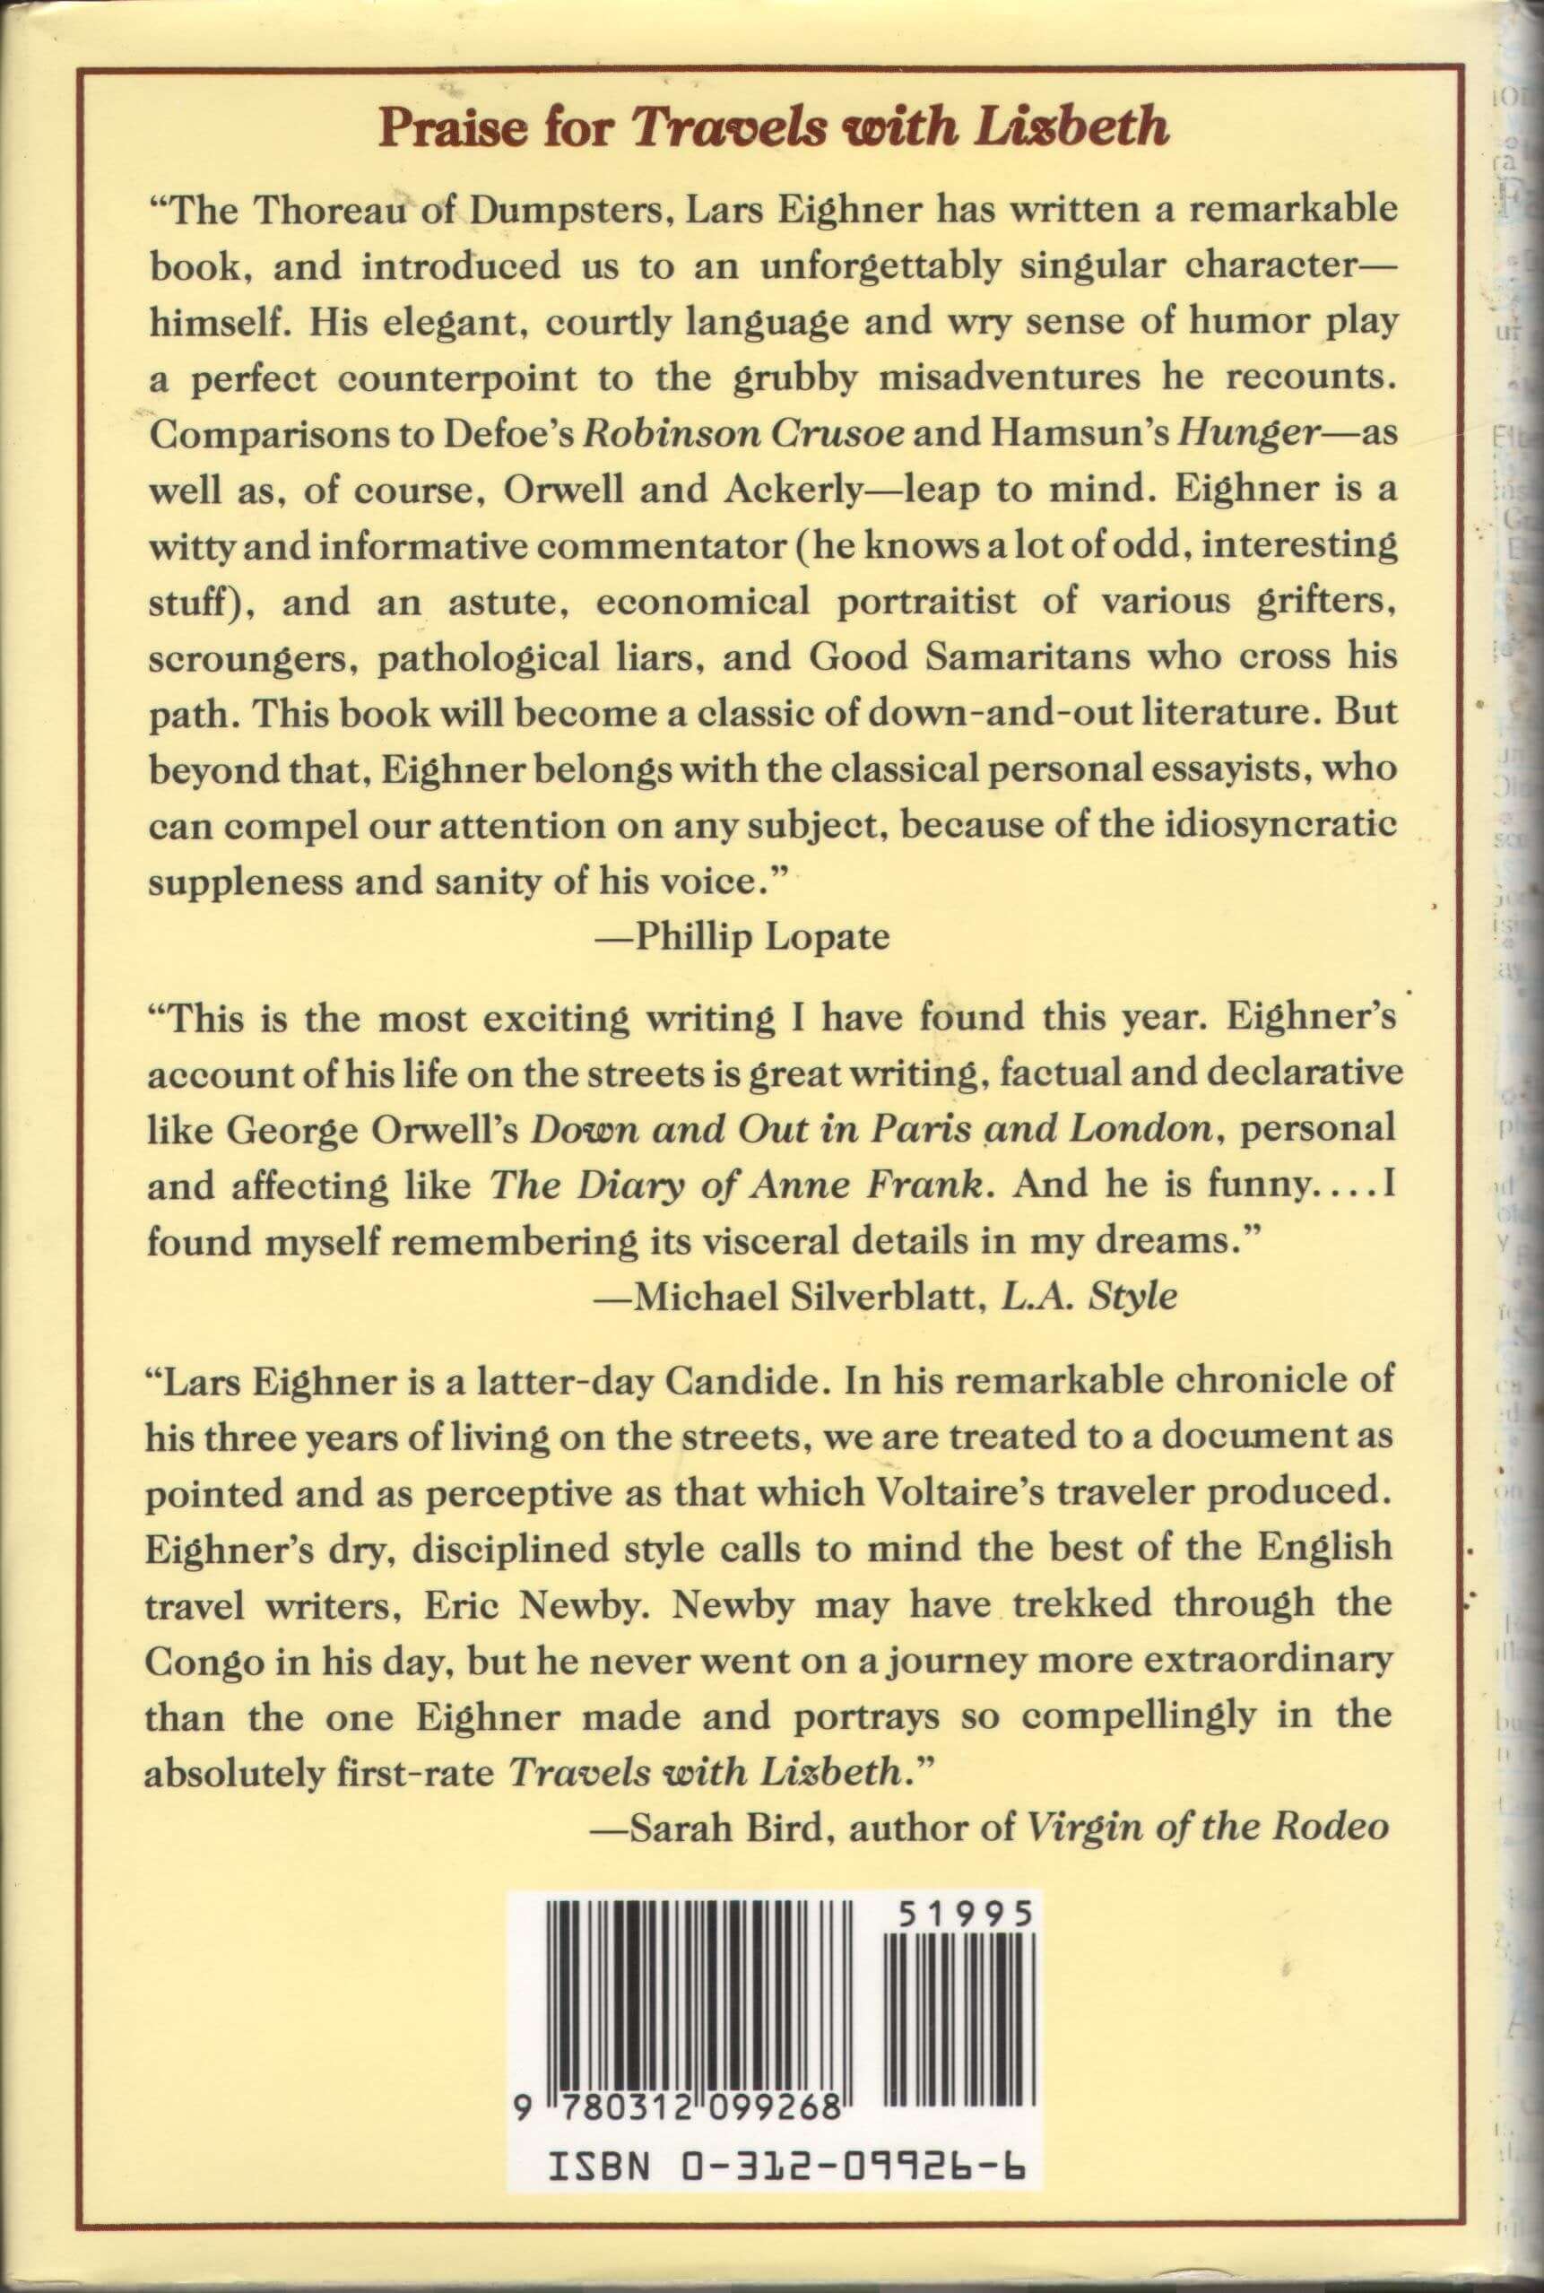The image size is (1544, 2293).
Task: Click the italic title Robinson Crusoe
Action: [743, 434]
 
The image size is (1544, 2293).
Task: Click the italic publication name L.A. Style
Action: [1089, 1296]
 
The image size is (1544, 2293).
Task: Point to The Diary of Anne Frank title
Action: [738, 1185]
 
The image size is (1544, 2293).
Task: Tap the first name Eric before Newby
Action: [467, 1602]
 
